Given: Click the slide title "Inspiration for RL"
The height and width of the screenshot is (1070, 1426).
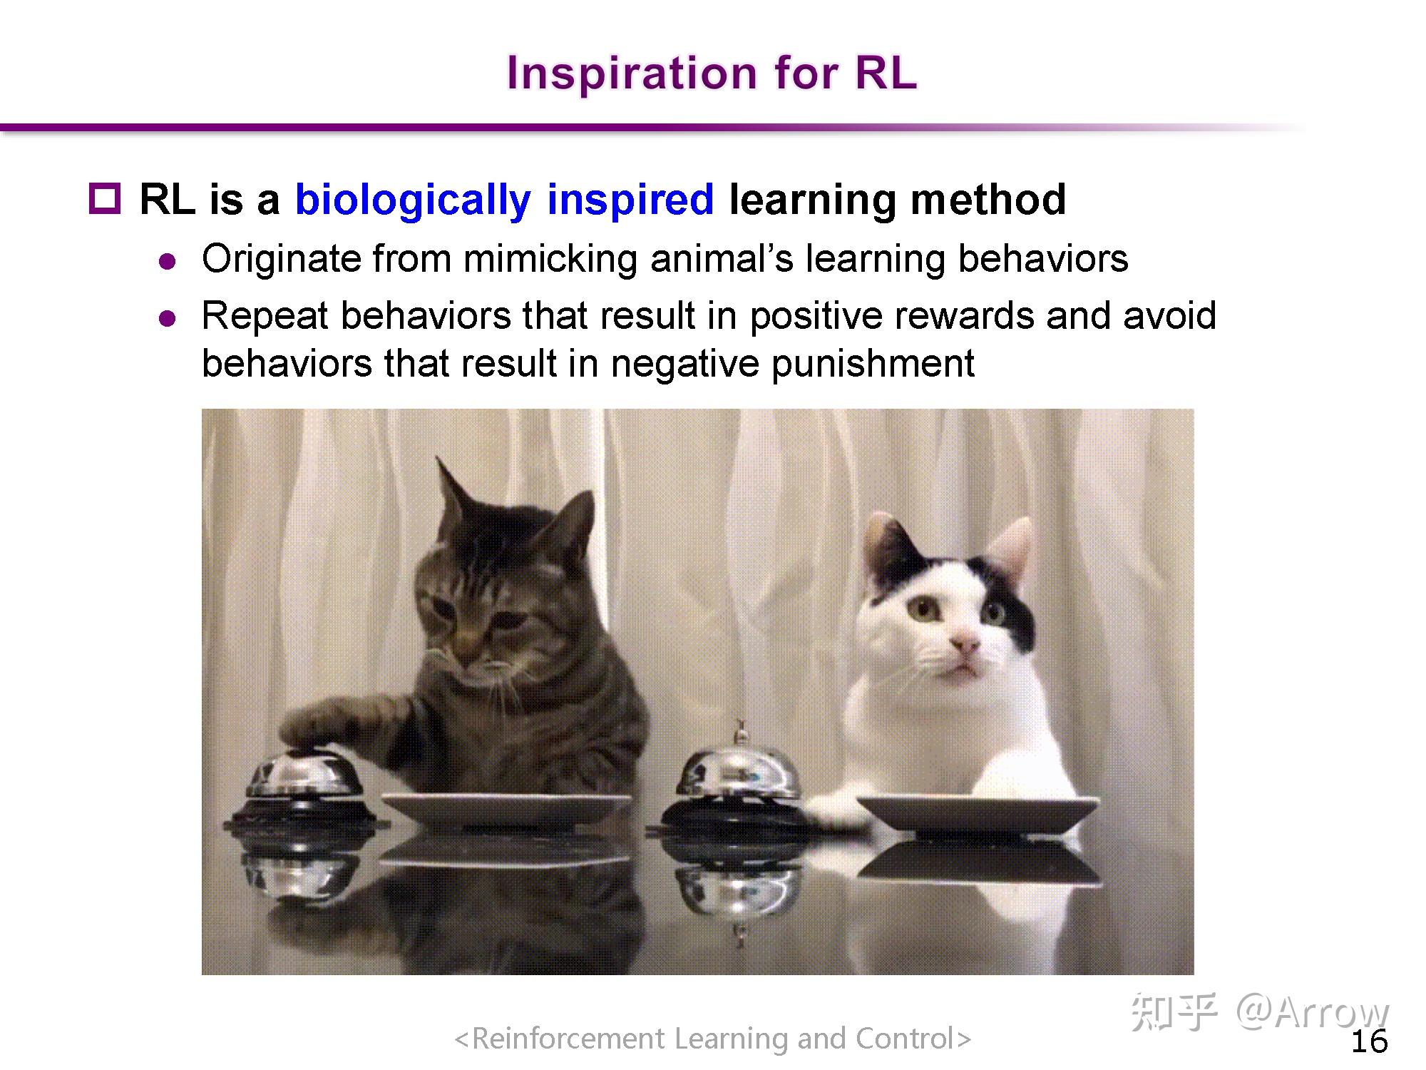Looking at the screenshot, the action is (x=712, y=73).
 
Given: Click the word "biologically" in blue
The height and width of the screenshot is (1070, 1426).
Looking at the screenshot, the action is (x=413, y=200).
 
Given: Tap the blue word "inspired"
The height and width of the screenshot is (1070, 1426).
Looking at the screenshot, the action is (x=630, y=200).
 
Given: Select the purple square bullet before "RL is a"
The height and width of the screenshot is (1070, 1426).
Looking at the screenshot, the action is (x=105, y=198).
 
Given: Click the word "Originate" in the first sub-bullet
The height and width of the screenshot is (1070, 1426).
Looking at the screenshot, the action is (x=282, y=260).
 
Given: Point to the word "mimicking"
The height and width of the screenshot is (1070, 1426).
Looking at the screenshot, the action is (x=550, y=260).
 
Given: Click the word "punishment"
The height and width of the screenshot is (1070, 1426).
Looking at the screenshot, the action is (x=873, y=365).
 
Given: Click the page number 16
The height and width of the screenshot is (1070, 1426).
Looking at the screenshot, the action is (x=1370, y=1041).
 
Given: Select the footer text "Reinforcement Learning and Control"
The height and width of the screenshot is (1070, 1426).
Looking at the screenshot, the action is (x=713, y=1039).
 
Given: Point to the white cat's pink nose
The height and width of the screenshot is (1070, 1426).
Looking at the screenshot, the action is (x=965, y=644).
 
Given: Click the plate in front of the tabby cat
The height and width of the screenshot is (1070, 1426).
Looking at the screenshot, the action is (x=506, y=811).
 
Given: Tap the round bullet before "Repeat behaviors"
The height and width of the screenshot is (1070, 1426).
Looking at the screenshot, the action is (x=168, y=318).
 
